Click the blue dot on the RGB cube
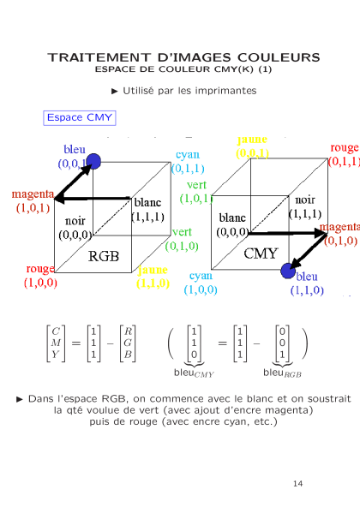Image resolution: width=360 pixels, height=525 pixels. pos(93,161)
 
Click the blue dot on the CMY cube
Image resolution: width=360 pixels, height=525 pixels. pos(288,271)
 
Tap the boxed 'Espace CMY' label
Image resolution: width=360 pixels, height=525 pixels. pos(80,118)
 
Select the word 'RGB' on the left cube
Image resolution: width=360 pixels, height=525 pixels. pos(104,256)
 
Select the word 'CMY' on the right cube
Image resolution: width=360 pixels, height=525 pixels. pos(261,254)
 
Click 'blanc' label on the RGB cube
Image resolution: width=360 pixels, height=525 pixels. pos(147,203)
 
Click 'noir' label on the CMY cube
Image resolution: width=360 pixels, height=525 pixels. pos(305,200)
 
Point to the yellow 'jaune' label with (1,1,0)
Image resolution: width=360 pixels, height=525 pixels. pos(153,270)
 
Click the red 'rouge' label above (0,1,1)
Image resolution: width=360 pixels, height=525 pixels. pos(345,148)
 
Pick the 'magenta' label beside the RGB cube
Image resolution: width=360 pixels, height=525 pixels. pos(33,194)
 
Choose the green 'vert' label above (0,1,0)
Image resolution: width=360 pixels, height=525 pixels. pos(182,232)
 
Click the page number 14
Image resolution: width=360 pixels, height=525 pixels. pos(297,484)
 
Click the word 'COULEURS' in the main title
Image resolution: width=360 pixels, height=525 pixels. pos(279,57)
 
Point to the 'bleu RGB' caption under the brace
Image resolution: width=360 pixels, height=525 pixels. pos(282,373)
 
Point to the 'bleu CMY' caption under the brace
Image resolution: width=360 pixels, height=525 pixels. pos(194,373)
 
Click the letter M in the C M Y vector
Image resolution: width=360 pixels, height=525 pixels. pos(56,343)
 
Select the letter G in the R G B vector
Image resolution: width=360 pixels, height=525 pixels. pos(128,343)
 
